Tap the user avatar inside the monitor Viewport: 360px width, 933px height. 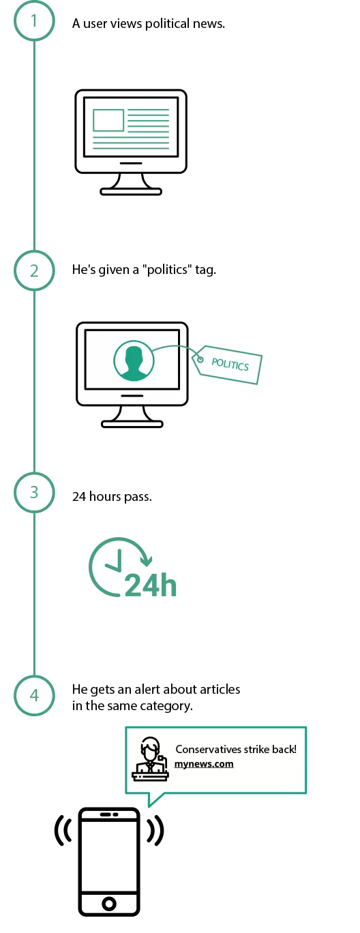(x=134, y=361)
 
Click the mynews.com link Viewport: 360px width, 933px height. (x=204, y=763)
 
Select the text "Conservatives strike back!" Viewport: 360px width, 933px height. (x=236, y=749)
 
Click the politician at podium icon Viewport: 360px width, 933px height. (x=151, y=758)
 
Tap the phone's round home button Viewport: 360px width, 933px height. (x=109, y=904)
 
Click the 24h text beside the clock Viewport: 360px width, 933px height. (x=151, y=585)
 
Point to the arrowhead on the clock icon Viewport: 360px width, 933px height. (x=146, y=561)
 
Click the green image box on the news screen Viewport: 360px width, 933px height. (x=108, y=120)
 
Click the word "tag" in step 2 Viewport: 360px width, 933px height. (x=205, y=271)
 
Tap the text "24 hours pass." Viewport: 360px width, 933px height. (x=112, y=497)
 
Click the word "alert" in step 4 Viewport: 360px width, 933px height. (x=149, y=689)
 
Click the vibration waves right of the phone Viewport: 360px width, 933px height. (x=155, y=831)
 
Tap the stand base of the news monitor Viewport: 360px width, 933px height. (x=131, y=192)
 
